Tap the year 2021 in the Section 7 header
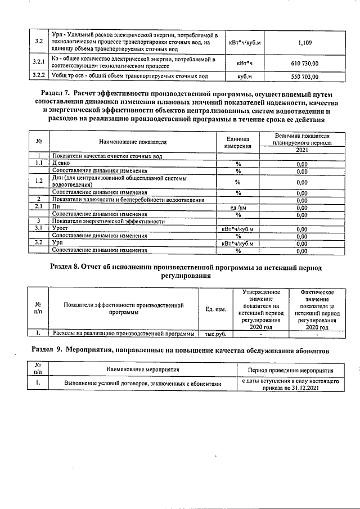coord(302,150)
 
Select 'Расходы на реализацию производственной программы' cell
coord(123,334)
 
